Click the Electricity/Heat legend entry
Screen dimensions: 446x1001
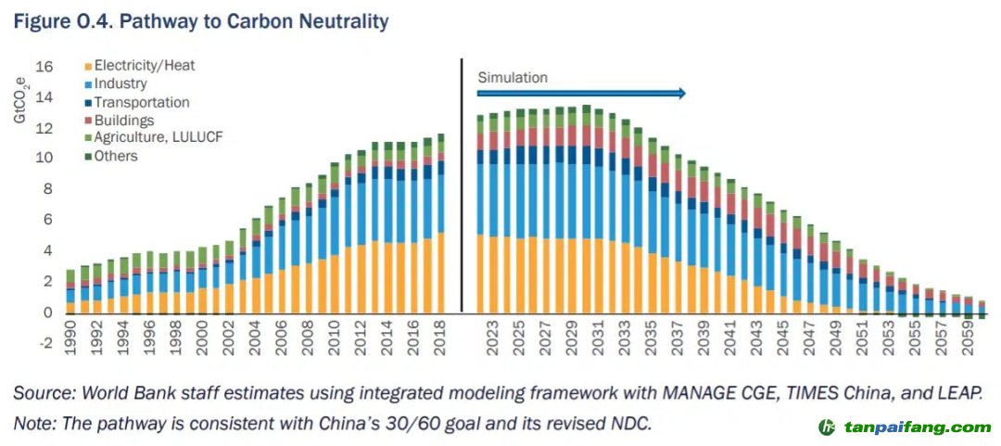(145, 66)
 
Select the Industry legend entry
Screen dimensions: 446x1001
(120, 83)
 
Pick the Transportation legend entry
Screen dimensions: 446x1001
(141, 102)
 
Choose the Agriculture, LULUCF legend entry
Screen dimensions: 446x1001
(158, 137)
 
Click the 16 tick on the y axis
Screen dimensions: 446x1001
(44, 67)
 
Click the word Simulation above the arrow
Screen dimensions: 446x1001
(513, 78)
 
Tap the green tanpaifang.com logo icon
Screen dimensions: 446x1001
(826, 427)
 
